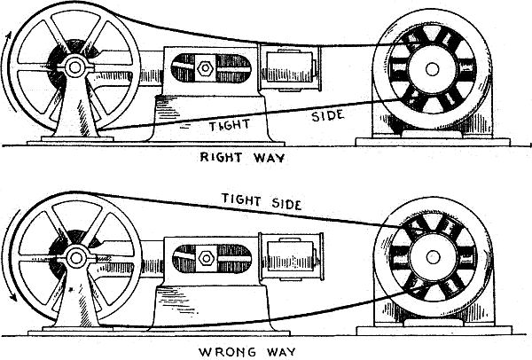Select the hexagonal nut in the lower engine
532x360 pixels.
[204, 257]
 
